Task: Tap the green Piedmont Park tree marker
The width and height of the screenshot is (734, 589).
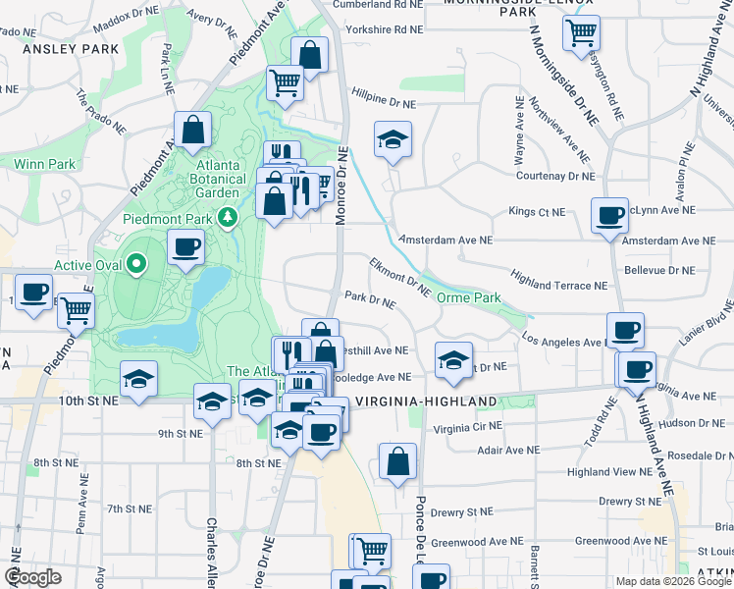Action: (x=229, y=216)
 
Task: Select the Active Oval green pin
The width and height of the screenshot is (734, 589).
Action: (x=137, y=264)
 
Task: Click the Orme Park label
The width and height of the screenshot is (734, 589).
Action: (x=469, y=297)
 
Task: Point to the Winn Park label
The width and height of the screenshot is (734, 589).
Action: (x=37, y=164)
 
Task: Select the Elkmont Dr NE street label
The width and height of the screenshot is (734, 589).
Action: (x=400, y=276)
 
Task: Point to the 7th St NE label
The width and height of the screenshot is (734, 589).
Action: (x=130, y=509)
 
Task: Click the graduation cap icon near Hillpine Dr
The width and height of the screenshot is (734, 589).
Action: (x=393, y=139)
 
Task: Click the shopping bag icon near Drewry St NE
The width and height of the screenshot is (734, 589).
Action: (x=397, y=460)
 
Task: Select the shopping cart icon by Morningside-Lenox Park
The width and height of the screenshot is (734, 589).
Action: (x=581, y=31)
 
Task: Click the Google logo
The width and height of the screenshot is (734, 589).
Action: (x=33, y=577)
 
